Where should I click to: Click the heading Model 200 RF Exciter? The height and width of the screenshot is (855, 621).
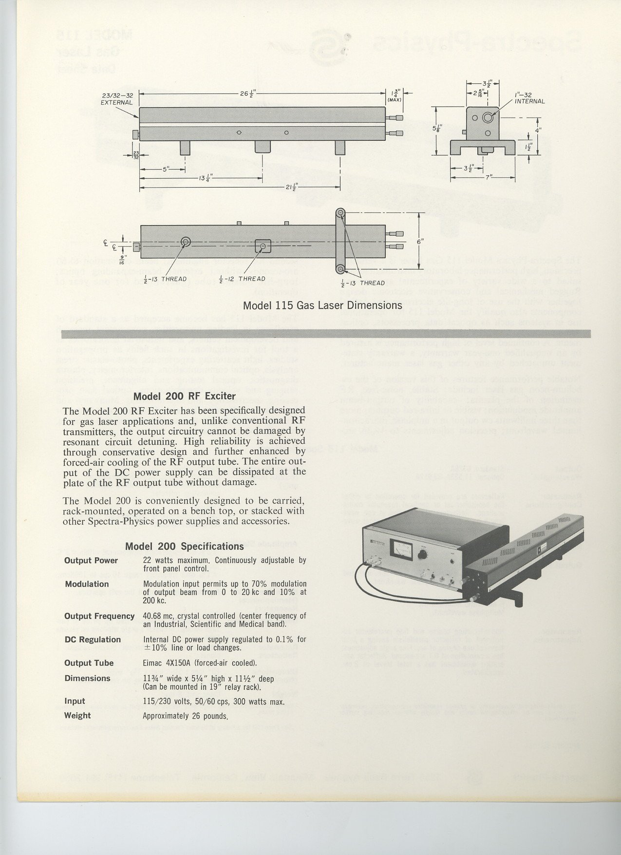tap(184, 396)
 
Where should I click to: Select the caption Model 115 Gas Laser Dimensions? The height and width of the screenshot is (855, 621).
tap(322, 305)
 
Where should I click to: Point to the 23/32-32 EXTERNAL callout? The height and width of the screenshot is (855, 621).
tap(116, 99)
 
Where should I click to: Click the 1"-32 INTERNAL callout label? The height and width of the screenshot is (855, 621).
tap(529, 98)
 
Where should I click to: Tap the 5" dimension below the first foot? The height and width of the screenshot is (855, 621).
tap(165, 170)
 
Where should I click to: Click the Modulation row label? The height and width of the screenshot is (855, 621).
tap(87, 584)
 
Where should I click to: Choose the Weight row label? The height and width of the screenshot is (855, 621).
tap(77, 716)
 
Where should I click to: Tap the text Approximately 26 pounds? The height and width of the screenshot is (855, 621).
tap(185, 716)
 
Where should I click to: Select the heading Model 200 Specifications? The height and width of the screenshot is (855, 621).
tap(184, 546)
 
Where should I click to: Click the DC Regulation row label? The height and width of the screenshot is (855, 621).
tap(93, 640)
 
